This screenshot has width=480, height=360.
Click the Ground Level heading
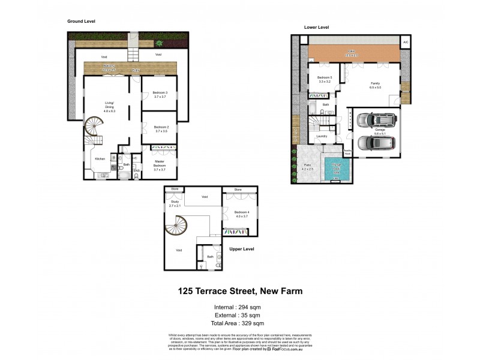[x=81, y=21]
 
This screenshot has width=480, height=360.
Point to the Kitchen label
[x=100, y=158]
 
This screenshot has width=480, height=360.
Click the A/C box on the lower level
[x=406, y=42]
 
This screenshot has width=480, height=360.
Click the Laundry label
[x=321, y=136]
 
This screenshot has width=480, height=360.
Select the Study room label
[x=175, y=203]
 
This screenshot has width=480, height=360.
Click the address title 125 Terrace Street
[x=240, y=291]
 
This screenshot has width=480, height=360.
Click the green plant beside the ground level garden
[x=159, y=44]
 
